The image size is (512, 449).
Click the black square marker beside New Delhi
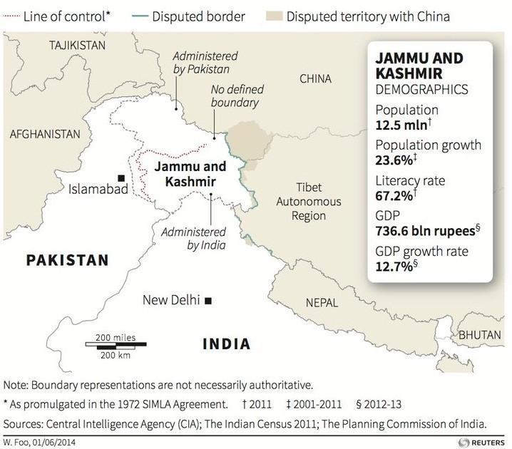[x=208, y=301]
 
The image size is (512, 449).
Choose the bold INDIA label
[x=226, y=344]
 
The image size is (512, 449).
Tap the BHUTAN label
[x=481, y=334]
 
